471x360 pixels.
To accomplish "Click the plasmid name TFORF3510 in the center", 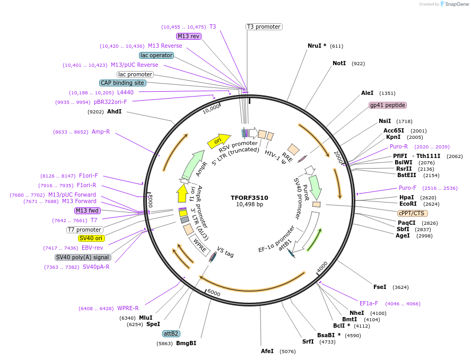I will (x=249, y=198).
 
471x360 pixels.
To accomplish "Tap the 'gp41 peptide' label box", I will (x=388, y=105).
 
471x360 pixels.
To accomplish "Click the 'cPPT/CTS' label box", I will (x=412, y=213).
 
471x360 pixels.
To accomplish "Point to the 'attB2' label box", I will (x=171, y=333).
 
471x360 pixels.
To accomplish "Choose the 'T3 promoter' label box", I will (x=264, y=27).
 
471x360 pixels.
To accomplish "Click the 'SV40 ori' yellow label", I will (x=91, y=238).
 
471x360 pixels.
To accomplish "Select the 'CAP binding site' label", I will (x=123, y=83).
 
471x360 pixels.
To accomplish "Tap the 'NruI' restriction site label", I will (x=317, y=46).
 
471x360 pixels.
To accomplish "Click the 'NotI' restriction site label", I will (x=339, y=63).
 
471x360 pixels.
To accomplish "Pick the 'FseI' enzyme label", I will (x=380, y=287).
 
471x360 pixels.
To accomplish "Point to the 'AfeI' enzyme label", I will (x=267, y=351).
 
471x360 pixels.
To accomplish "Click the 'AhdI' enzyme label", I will (x=115, y=112).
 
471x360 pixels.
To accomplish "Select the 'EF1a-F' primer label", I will (x=369, y=303).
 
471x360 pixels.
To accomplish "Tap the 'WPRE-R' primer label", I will (x=128, y=308).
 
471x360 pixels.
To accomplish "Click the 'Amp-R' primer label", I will (x=101, y=131).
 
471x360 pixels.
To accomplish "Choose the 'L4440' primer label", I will (x=126, y=92).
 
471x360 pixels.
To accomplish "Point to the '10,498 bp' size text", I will (x=249, y=205).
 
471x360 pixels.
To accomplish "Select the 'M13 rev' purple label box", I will (x=189, y=36).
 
